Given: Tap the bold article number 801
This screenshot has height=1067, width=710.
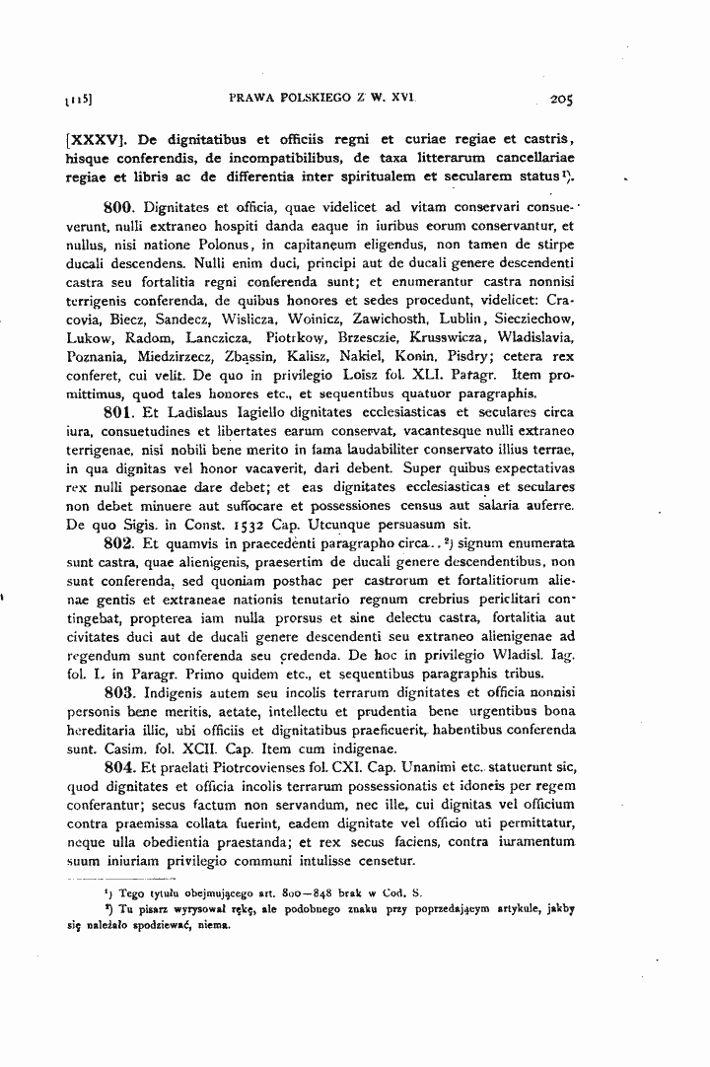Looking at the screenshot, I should [119, 413].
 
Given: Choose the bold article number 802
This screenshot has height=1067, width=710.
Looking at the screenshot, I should [119, 542].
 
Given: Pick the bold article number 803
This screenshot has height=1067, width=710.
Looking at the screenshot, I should [119, 691].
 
